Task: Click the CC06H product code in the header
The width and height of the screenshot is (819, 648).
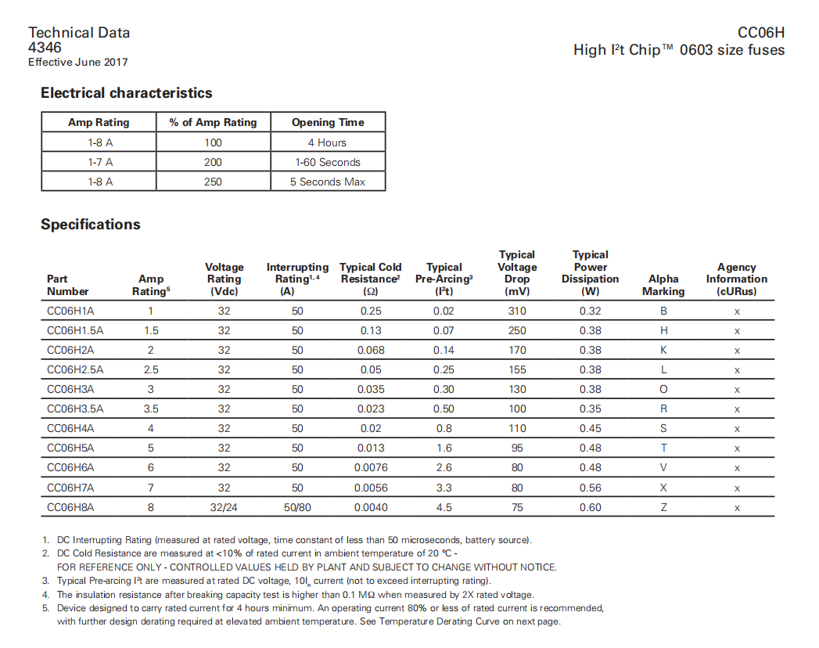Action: point(760,33)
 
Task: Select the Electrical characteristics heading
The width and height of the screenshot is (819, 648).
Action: point(127,93)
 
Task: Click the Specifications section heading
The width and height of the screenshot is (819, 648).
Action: point(91,225)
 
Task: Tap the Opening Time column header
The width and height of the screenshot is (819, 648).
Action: point(328,122)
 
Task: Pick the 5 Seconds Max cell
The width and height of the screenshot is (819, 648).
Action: point(328,182)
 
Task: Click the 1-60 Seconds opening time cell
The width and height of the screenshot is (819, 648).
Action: point(328,162)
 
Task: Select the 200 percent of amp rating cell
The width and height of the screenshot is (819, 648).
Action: point(213,162)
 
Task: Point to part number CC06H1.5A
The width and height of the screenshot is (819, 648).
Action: point(75,330)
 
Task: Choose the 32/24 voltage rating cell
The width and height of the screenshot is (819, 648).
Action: point(225,507)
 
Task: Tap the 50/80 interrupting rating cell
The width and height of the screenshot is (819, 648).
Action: point(297,507)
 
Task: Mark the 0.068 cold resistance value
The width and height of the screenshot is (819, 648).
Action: point(371,350)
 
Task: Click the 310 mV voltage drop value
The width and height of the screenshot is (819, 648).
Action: point(517,311)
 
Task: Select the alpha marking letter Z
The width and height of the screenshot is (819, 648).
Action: point(663,507)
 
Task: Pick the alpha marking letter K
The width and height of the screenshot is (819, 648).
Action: point(663,350)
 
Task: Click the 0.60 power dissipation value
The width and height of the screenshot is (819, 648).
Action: point(591,507)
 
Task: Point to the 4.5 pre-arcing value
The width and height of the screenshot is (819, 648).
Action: point(444,507)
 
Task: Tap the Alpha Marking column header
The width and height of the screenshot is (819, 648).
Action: point(663,285)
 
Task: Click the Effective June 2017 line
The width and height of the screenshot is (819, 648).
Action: point(78,63)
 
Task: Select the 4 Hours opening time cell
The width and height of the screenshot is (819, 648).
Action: point(328,142)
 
